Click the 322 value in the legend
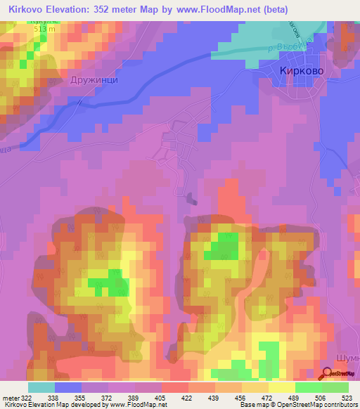(x=27, y=397)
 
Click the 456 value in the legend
(x=243, y=397)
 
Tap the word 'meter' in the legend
(x=10, y=397)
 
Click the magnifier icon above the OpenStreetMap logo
(x=328, y=374)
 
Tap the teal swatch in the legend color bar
(x=41, y=387)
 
